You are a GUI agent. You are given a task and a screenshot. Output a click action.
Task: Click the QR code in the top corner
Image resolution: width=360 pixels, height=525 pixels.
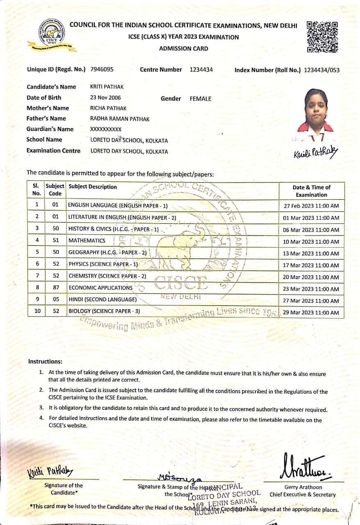pos(322,37)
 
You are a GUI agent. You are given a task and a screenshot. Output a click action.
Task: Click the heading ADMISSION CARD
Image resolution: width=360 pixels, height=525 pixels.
pos(183,48)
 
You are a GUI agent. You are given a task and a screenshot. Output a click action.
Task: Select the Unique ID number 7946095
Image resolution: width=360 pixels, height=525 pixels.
pos(102,69)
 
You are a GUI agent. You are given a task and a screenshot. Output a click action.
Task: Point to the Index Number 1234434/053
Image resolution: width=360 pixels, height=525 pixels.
pos(321,70)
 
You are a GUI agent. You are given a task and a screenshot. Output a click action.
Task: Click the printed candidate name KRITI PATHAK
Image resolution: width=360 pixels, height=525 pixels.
pos(107,87)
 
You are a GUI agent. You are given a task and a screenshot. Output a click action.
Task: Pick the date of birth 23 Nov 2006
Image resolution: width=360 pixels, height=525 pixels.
pos(105,98)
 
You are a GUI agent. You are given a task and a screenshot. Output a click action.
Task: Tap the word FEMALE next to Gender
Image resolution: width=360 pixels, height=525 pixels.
pos(201,99)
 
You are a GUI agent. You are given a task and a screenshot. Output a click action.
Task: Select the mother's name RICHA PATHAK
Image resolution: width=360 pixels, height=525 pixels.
pos(108,108)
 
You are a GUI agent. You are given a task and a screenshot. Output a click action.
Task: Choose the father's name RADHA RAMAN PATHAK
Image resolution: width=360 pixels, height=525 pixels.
pos(120,119)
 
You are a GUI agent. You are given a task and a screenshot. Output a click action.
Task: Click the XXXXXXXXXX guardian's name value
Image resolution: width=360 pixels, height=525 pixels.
pos(106,129)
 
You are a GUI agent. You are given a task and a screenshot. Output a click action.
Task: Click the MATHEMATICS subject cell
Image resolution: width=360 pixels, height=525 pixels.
pos(87,241)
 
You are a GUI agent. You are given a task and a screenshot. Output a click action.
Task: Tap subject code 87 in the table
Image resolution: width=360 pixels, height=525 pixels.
pos(56,288)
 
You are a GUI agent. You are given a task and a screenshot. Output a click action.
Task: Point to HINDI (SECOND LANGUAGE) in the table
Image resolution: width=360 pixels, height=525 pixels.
pos(103,299)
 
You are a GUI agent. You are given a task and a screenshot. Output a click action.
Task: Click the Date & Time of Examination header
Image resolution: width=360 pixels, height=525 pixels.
pos(311,191)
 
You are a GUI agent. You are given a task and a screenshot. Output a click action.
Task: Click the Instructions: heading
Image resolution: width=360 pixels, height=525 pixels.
pos(45,361)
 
